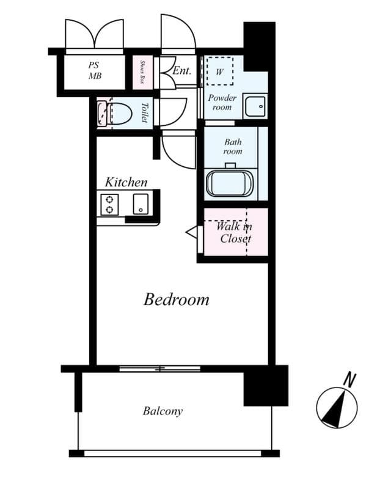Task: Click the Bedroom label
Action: [x=177, y=300]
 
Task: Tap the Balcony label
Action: [x=163, y=411]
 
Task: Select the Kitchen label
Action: [x=126, y=182]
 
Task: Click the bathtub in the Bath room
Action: [x=232, y=183]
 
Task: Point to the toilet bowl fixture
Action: [x=119, y=114]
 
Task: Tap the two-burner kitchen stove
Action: [x=110, y=204]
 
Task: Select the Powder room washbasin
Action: [x=255, y=106]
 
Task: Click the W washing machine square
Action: [x=219, y=70]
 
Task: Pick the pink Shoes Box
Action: [x=142, y=72]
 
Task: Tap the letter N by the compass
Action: [x=349, y=380]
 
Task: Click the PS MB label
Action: [x=94, y=70]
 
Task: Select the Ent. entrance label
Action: [x=181, y=70]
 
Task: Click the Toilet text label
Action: [x=144, y=113]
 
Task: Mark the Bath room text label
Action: [x=232, y=147]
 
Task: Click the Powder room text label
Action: [x=222, y=102]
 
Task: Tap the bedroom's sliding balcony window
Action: [x=160, y=369]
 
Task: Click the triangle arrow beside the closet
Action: [x=192, y=233]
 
